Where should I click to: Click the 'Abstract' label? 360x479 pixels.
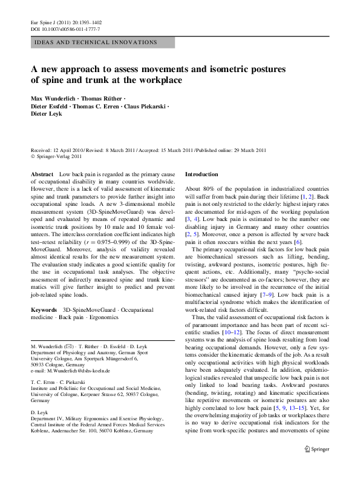pyautogui.click(x=42, y=174)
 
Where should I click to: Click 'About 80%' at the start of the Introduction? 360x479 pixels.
pyautogui.click(x=200, y=190)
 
